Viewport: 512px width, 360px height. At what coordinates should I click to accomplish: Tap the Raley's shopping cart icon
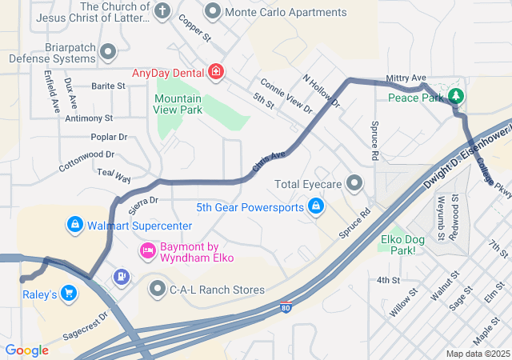tap(69, 294)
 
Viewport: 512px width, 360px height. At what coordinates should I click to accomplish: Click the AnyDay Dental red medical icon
tap(215, 73)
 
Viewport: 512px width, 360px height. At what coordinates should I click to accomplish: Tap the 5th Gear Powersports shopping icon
tap(316, 207)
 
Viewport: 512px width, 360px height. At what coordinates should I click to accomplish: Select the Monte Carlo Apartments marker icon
tap(213, 12)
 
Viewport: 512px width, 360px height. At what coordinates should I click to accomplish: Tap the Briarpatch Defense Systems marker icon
tap(109, 53)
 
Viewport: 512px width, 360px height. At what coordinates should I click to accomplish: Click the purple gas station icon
tap(121, 277)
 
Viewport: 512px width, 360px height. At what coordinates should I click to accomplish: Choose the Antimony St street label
tap(89, 118)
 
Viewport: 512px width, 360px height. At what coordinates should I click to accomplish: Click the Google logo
tap(26, 350)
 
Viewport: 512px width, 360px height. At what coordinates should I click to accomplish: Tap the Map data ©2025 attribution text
tap(477, 354)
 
